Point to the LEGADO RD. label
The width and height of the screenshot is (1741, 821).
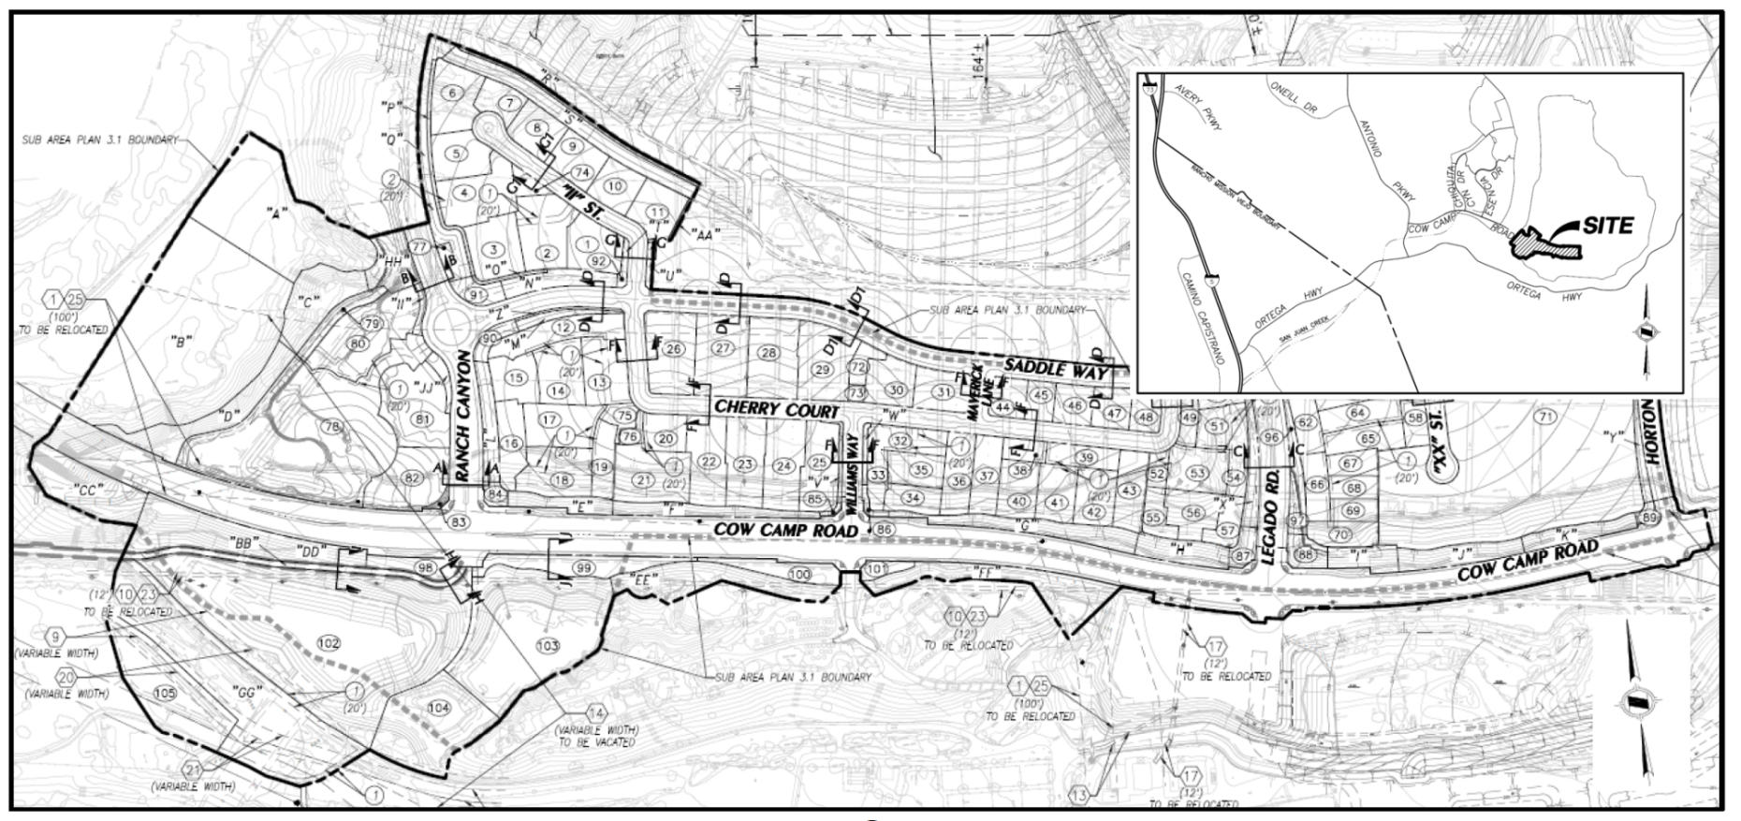[1270, 516]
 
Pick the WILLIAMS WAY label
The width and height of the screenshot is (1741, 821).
[852, 474]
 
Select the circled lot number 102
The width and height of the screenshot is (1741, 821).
[329, 643]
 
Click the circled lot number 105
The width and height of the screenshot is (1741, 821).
[164, 694]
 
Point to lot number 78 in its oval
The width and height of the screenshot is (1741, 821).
[331, 427]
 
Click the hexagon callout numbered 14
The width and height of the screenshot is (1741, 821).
[595, 711]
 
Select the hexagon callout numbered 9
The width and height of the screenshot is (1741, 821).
[55, 638]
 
